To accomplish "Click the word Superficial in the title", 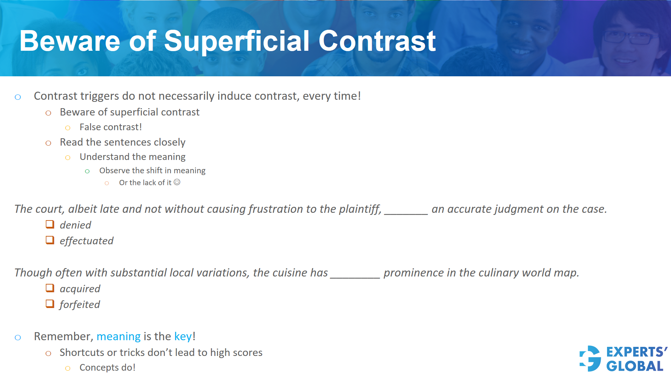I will point(237,41).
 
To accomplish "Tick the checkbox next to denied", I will point(50,224).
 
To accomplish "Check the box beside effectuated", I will point(50,240).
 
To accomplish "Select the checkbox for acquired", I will point(50,288).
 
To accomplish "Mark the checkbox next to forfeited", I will point(50,304).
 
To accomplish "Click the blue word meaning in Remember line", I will point(118,336).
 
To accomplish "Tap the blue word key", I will point(183,336).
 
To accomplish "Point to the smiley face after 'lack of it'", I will point(177,182).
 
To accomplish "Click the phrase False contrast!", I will point(110,127).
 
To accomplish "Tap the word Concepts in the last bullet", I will point(99,367).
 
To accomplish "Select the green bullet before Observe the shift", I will point(87,171).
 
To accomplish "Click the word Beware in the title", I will point(70,41).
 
